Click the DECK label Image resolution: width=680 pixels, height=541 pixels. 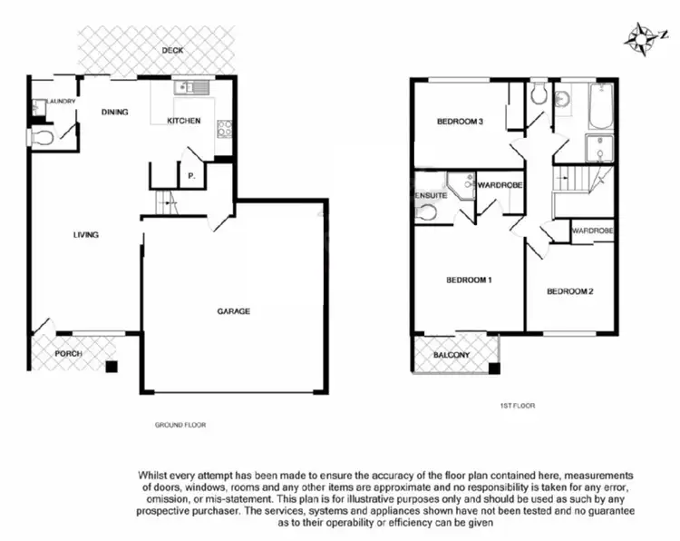(172, 50)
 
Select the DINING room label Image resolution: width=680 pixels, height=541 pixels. (114, 113)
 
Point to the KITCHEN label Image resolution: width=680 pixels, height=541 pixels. (183, 121)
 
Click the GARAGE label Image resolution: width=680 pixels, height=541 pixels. (233, 310)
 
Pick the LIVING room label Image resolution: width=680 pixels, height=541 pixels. (85, 235)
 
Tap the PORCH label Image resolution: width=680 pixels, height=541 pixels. (68, 354)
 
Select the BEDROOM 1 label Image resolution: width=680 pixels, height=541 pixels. (469, 280)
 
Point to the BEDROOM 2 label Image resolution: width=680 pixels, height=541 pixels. (570, 291)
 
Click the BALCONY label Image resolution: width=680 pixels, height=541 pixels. (451, 355)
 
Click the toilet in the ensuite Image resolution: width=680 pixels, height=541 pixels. (425, 213)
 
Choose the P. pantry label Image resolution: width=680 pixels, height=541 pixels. (191, 175)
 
